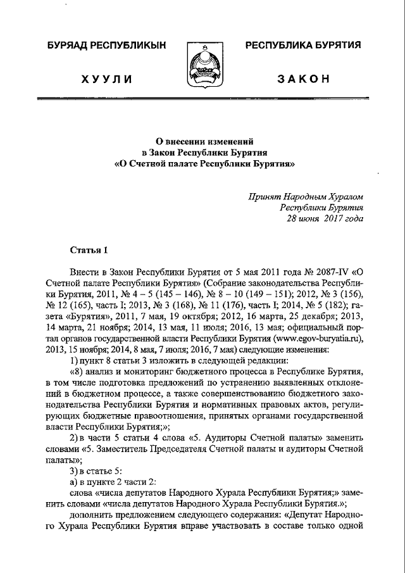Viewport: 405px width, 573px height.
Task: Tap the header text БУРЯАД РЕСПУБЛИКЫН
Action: coord(105,45)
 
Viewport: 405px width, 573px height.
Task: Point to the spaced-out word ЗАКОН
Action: coord(303,79)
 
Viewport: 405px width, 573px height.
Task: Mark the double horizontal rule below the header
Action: coord(202,99)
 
